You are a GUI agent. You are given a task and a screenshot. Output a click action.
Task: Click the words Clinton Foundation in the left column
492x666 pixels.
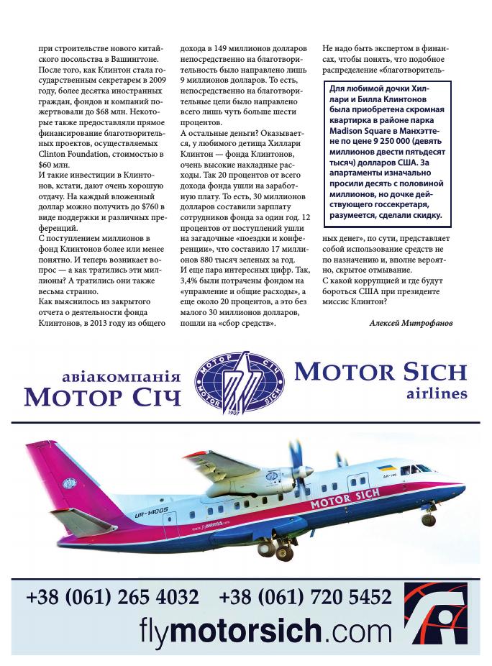click(x=69, y=152)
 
